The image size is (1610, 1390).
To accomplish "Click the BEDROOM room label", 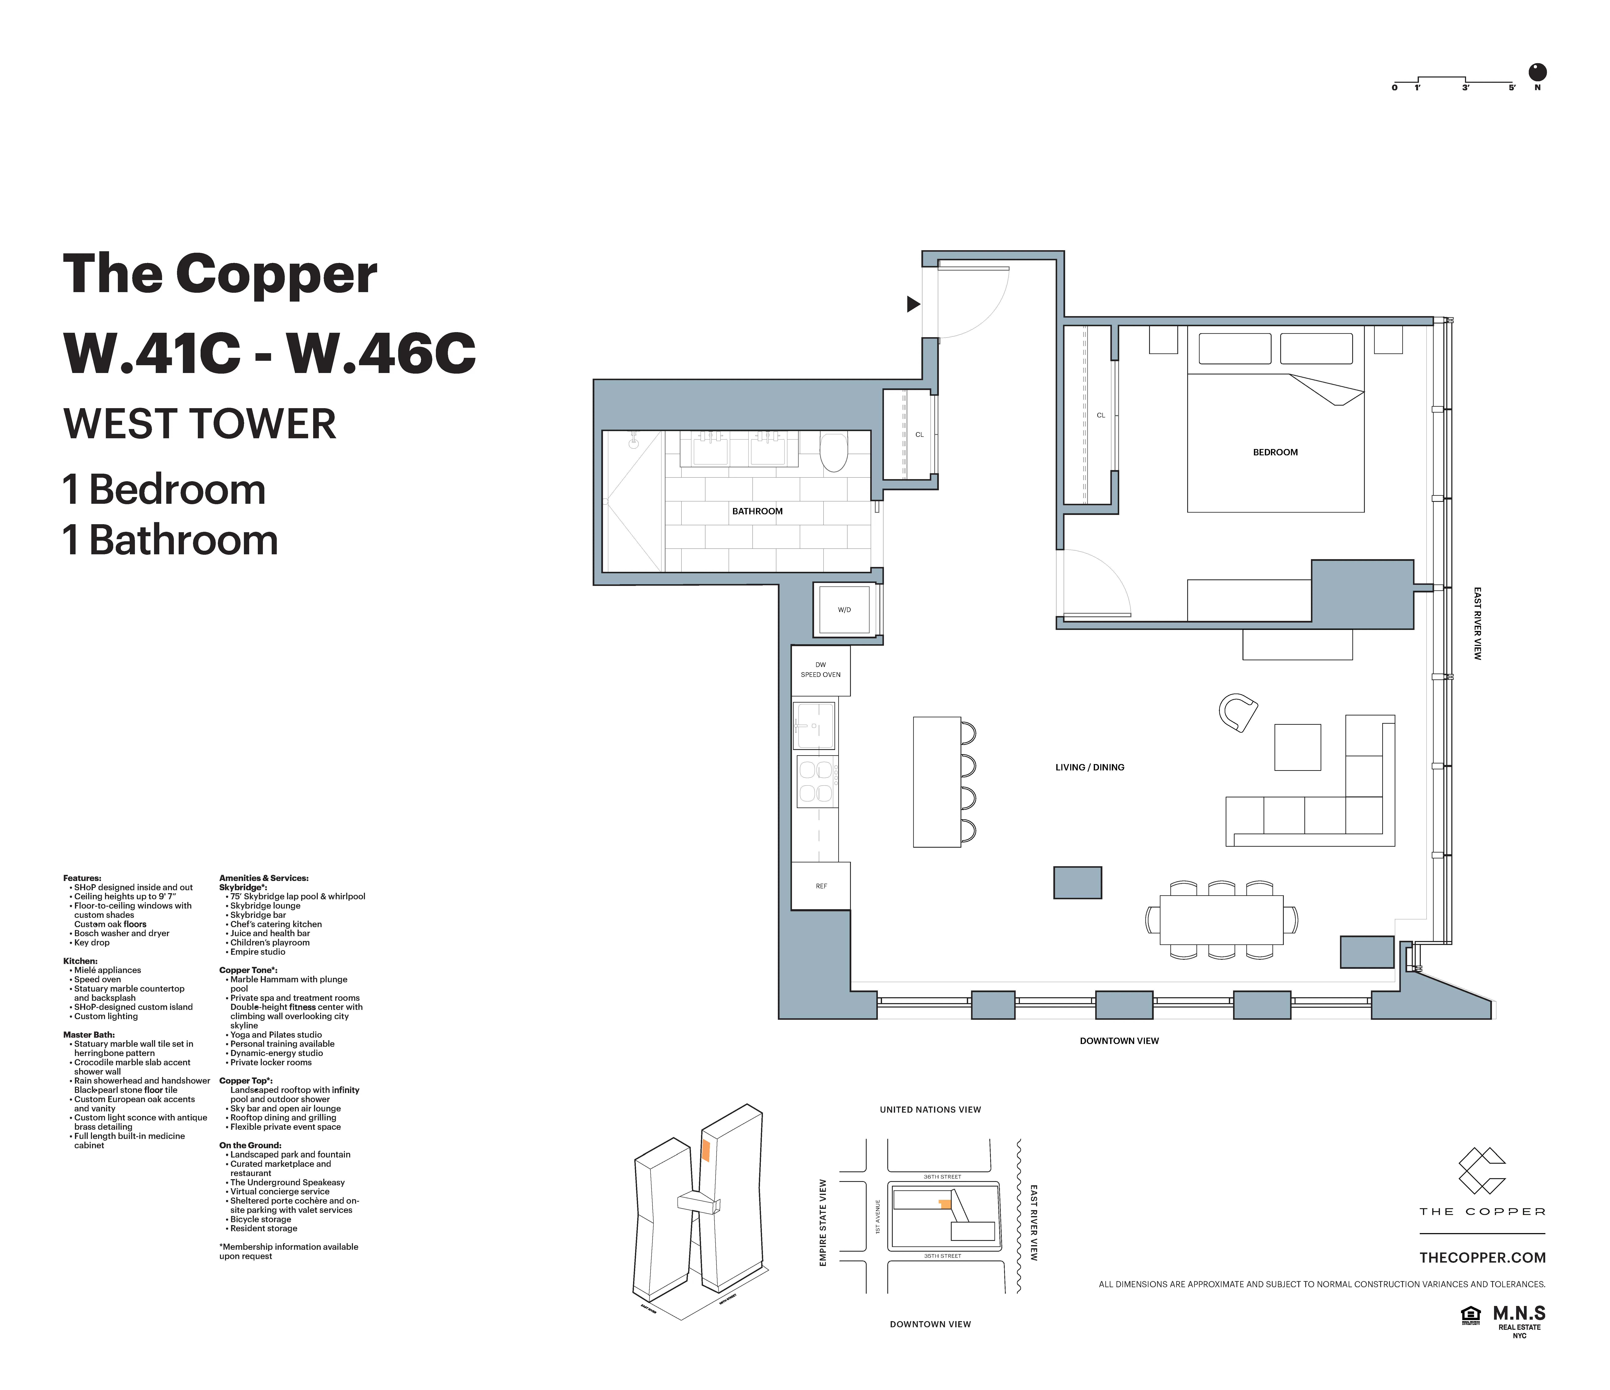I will point(1275,452).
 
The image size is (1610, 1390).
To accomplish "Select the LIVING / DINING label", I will point(1089,767).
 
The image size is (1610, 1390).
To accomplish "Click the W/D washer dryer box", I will point(845,610).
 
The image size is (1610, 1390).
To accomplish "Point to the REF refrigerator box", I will point(821,886).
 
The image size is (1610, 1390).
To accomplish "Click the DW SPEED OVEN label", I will point(821,670).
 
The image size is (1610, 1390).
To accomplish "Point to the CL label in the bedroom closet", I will point(1100,415).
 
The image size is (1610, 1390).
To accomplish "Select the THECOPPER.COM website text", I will point(1482,1258).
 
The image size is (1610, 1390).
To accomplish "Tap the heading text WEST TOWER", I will point(200,424).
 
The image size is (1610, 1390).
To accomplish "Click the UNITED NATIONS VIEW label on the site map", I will point(930,1109).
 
